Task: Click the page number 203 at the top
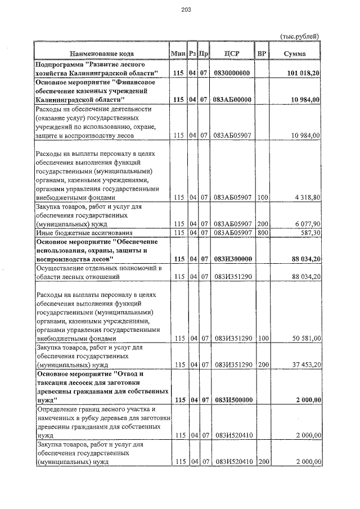(187, 10)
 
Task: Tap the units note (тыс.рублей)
(300, 36)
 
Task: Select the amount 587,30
(309, 232)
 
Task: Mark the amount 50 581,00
(305, 339)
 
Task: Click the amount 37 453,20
(305, 364)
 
